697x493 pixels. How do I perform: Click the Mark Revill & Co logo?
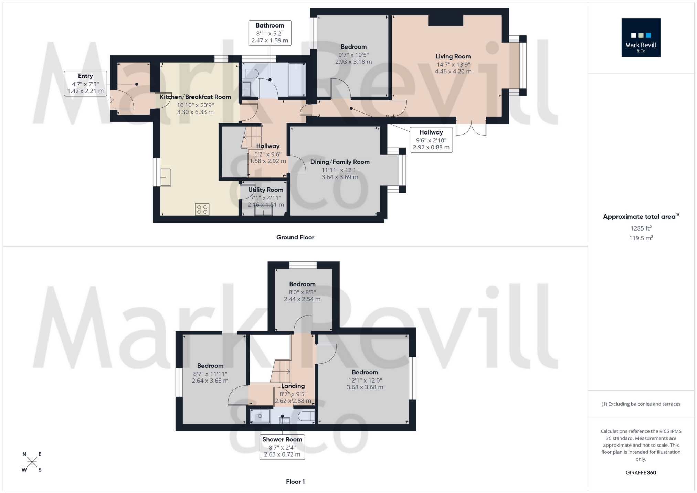[641, 37]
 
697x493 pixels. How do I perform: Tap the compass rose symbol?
[32, 462]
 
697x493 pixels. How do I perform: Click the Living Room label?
[453, 57]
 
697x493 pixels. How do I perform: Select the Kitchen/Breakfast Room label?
[195, 97]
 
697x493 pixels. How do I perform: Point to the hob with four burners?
[202, 209]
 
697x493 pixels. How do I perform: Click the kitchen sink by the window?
[166, 177]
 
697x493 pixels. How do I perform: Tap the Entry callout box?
[85, 84]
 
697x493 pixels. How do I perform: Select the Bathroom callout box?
[270, 33]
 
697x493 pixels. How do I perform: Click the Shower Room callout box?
[282, 447]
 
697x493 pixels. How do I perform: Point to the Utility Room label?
[266, 190]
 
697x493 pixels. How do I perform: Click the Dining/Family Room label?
[340, 162]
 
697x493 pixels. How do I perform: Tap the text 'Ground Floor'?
[295, 237]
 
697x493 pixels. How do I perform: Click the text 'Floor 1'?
[295, 482]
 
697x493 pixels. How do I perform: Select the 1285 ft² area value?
[641, 228]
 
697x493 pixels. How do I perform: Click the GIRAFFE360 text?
[641, 473]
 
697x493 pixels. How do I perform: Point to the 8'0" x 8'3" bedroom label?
[302, 292]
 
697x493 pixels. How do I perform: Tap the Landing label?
[293, 386]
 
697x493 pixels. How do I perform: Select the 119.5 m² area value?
[641, 238]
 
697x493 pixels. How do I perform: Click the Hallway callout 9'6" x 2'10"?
[431, 140]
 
